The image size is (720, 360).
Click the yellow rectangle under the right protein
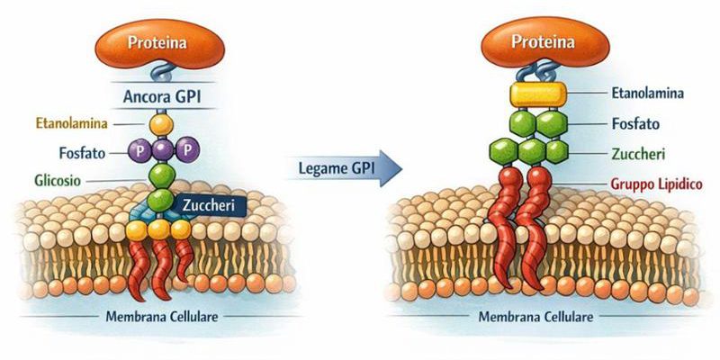point(537,94)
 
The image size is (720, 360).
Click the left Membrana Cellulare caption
point(161,317)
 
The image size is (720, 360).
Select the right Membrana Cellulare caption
point(536,317)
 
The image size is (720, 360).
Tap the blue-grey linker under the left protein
point(162,73)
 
